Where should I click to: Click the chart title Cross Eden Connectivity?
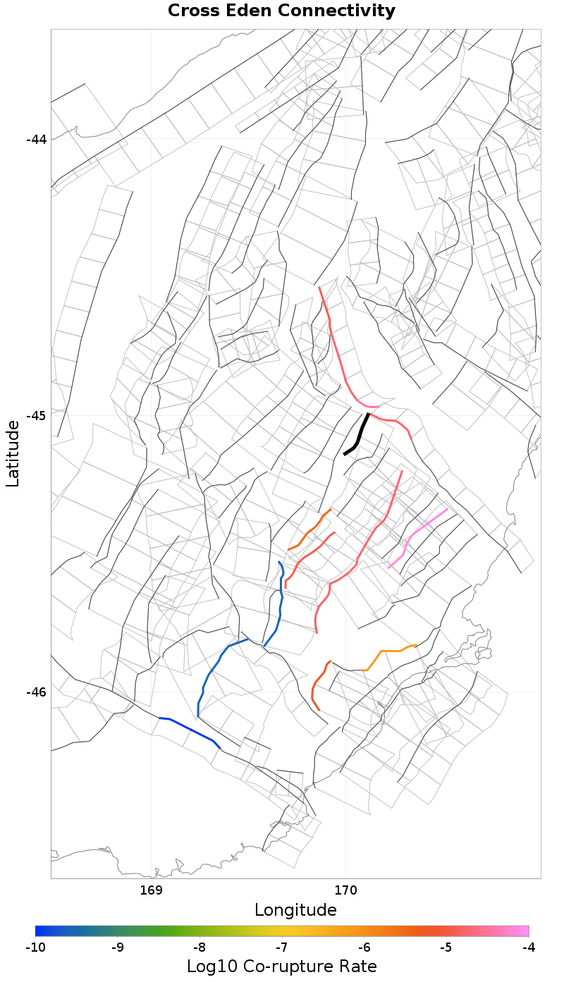[281, 11]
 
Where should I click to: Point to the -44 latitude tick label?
[36, 139]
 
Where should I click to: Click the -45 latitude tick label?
[36, 415]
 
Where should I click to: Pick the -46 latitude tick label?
[36, 692]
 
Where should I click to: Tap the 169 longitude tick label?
[152, 890]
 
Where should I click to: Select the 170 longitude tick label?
[345, 890]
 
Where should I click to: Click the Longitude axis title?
[295, 910]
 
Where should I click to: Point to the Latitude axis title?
[13, 453]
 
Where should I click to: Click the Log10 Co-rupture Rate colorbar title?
[281, 966]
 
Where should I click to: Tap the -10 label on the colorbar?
[35, 947]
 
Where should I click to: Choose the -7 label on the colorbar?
[282, 947]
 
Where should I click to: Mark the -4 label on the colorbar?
[529, 947]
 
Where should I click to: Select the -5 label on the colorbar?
[446, 947]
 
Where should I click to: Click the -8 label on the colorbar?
[200, 947]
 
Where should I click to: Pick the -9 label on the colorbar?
[118, 947]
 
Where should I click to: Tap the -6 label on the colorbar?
[364, 947]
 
